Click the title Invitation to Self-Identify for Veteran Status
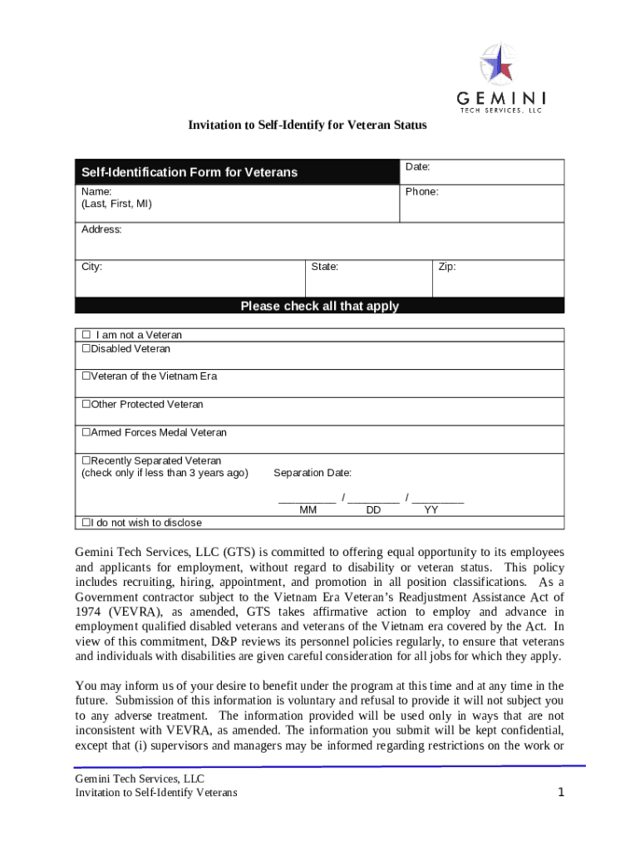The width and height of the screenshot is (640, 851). coord(307,125)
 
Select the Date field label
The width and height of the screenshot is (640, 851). coord(417,167)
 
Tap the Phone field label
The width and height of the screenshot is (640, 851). coord(421,191)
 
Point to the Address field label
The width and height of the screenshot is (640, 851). coord(101,229)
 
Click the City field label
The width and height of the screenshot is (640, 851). coord(91,267)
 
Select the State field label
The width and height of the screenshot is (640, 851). coord(324,267)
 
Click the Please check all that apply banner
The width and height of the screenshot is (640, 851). coord(319,306)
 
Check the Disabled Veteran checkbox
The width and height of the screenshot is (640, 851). coord(85,349)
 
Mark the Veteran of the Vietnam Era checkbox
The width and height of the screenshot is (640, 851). coord(85,376)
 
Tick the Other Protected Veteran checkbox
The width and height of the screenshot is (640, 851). coord(85,405)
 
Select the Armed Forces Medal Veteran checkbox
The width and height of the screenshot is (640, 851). coord(85,433)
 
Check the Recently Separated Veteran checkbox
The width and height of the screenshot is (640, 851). coord(85,461)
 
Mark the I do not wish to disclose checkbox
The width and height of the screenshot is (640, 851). coord(85,523)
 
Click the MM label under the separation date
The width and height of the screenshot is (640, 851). coord(308,510)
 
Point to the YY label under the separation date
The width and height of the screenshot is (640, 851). coord(431,510)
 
